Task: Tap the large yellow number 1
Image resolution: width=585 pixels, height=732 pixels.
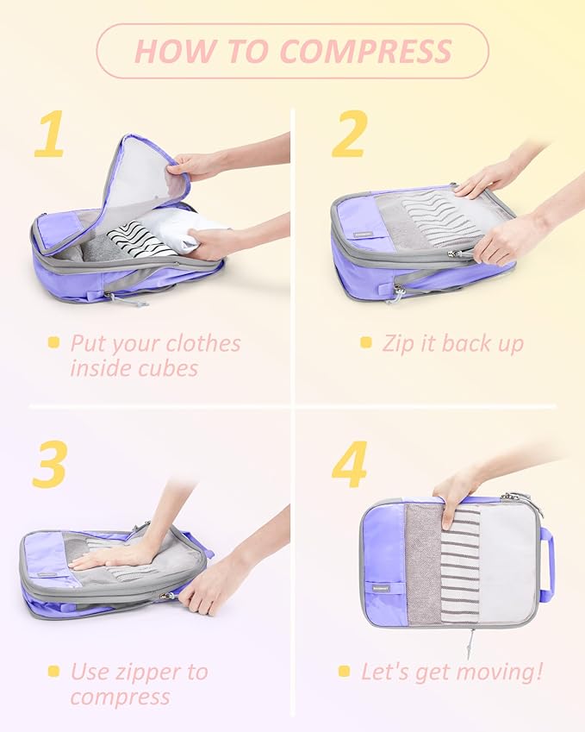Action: click(x=49, y=135)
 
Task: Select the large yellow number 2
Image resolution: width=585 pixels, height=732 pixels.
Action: click(x=349, y=135)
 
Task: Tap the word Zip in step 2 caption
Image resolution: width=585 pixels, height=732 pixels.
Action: click(x=399, y=343)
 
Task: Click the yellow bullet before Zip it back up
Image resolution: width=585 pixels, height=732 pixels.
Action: click(x=366, y=343)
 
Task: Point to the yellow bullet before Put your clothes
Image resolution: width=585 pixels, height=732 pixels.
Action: click(x=54, y=343)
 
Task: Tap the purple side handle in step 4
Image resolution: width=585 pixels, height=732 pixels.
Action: click(x=546, y=565)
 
